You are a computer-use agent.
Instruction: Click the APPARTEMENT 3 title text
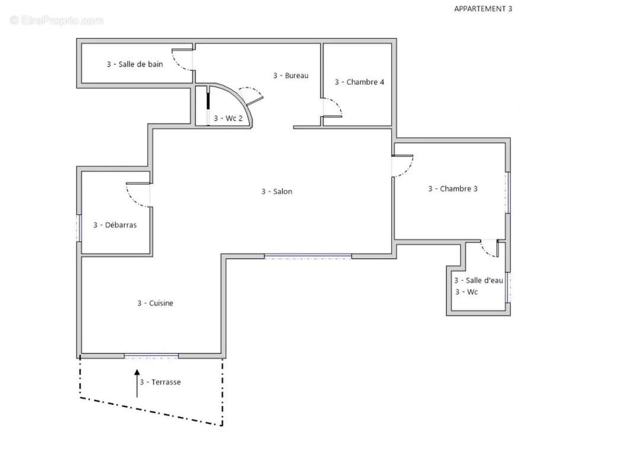coord(483,8)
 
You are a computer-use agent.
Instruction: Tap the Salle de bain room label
coord(135,64)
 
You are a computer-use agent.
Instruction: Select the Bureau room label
coord(291,75)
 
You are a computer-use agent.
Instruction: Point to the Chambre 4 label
coord(359,82)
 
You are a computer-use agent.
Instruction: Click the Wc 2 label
coord(228,118)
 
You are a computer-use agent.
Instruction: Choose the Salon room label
coord(276,191)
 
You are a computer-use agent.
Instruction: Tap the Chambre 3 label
coord(452,188)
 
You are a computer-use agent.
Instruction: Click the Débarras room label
coord(115,225)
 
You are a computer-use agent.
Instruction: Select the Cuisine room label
coord(155,303)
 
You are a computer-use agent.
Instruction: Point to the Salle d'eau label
coord(478,280)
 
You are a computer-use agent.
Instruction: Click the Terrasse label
coord(160,382)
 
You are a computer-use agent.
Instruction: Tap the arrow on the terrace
coord(137,383)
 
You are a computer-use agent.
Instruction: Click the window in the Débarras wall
coord(79,228)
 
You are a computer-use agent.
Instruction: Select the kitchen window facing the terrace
coord(151,356)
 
